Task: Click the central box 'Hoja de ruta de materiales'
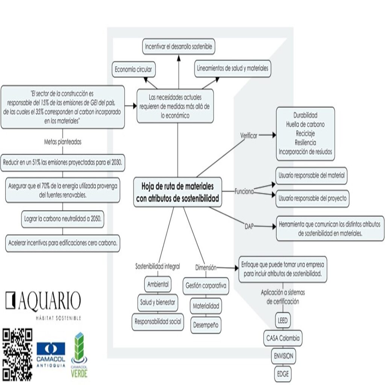pyautogui.click(x=177, y=192)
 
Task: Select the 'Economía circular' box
pyautogui.click(x=134, y=70)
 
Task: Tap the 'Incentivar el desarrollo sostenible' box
pyautogui.click(x=179, y=47)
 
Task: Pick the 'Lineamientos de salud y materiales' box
pyautogui.click(x=233, y=68)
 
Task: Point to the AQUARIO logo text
pyautogui.click(x=43, y=301)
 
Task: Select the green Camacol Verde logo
pyautogui.click(x=79, y=354)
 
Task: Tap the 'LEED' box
pyautogui.click(x=282, y=321)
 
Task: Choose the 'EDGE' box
pyautogui.click(x=283, y=374)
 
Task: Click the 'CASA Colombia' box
pyautogui.click(x=283, y=338)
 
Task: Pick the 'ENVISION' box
pyautogui.click(x=283, y=356)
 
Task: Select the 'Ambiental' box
pyautogui.click(x=158, y=284)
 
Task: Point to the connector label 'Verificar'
pyautogui.click(x=249, y=136)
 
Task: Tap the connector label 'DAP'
pyautogui.click(x=249, y=226)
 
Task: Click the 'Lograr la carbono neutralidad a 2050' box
pyautogui.click(x=62, y=219)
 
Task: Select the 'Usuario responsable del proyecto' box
pyautogui.click(x=312, y=199)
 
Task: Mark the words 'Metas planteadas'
pyautogui.click(x=62, y=142)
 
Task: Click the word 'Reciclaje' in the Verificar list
pyautogui.click(x=305, y=133)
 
